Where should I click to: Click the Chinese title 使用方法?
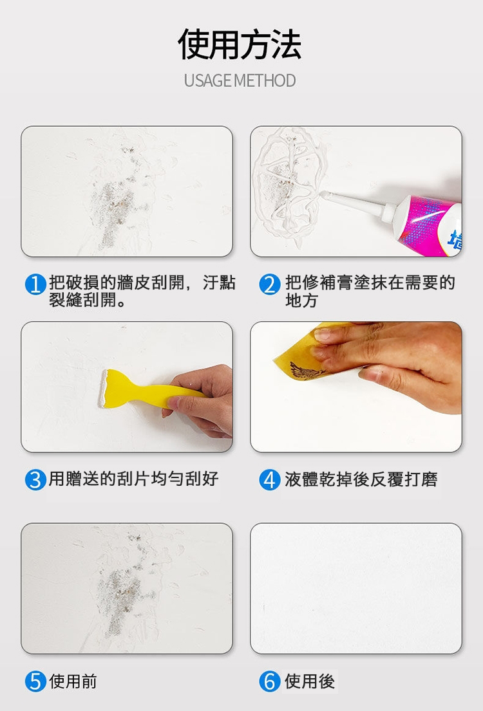point(240,44)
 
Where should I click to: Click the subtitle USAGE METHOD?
point(240,81)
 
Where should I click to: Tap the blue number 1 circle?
point(35,284)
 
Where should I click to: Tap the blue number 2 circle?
point(270,284)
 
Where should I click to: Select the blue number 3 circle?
point(35,479)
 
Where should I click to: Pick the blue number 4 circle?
point(270,479)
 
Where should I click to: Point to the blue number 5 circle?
point(35,681)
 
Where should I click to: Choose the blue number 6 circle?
point(270,681)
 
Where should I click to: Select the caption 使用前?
point(73,681)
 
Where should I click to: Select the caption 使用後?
point(310,681)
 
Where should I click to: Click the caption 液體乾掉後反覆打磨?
point(361,479)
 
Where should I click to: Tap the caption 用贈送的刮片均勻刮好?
point(134,479)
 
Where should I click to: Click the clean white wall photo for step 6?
point(355,588)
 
